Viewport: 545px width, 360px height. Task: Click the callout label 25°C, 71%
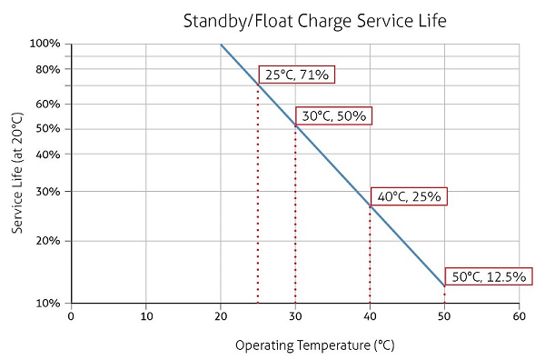tap(297, 75)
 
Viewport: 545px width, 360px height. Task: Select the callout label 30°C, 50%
tap(334, 115)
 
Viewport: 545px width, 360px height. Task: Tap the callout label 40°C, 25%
tap(409, 195)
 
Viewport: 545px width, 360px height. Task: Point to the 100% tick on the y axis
tap(45, 44)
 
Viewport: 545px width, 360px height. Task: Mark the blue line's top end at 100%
tap(221, 44)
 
